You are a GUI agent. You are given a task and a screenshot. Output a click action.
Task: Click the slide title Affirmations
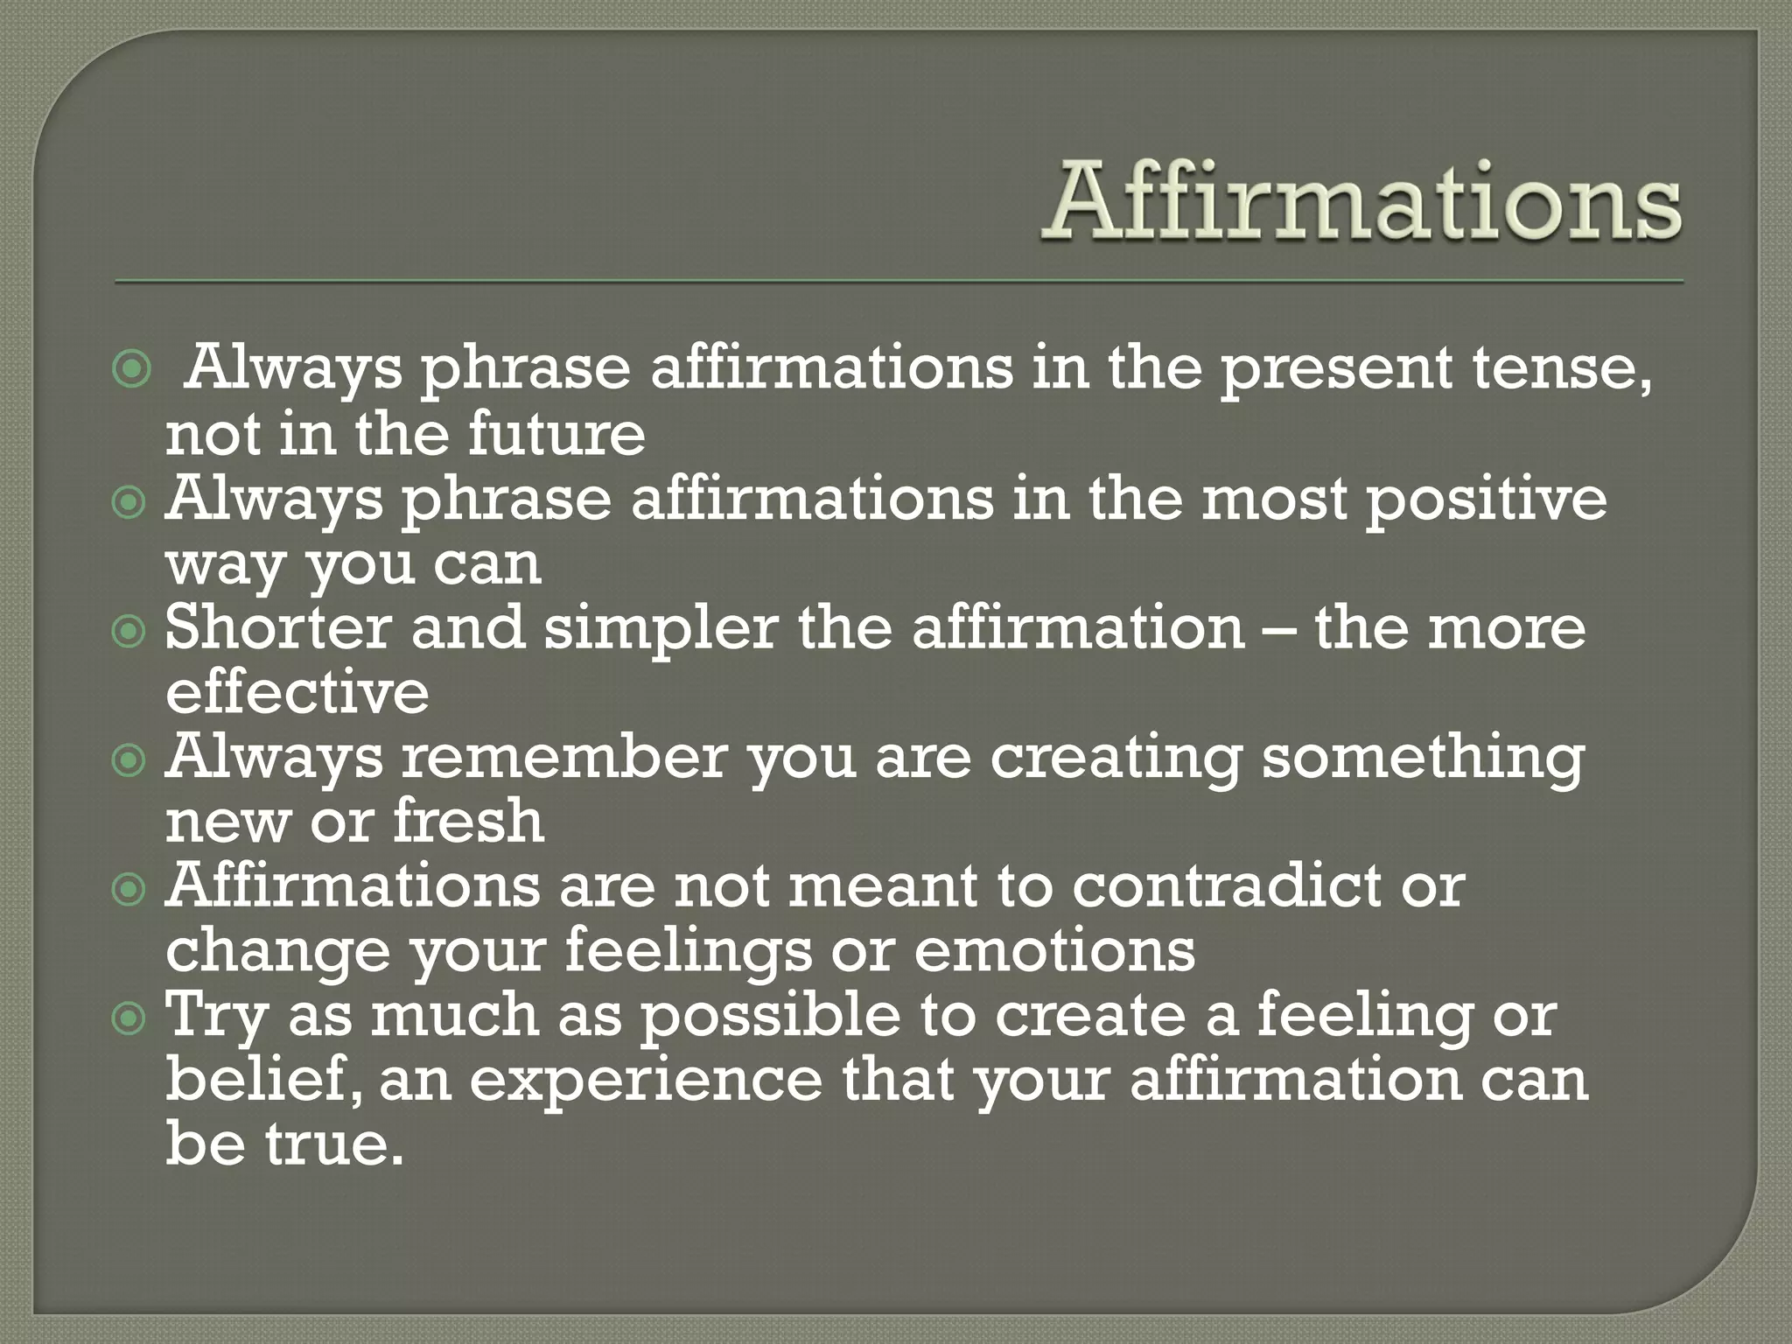(x=1361, y=203)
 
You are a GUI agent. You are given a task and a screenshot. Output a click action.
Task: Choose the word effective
(x=297, y=692)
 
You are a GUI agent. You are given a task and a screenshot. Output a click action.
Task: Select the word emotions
(x=1054, y=950)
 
